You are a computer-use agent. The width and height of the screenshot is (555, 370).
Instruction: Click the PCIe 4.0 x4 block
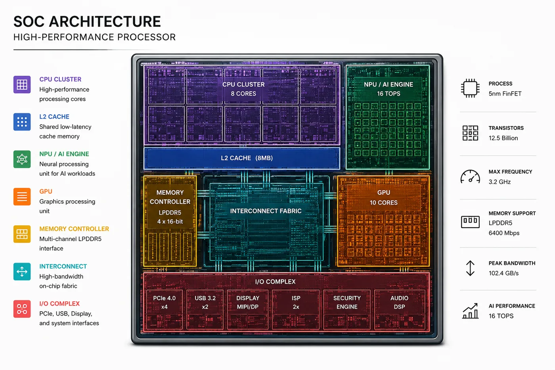164,309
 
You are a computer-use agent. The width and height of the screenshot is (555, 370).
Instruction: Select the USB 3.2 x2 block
205,309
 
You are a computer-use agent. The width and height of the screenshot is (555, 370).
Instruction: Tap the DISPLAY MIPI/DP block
248,309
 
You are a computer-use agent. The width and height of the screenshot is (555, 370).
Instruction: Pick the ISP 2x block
296,309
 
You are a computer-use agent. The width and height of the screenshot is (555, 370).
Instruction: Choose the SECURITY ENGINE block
347,309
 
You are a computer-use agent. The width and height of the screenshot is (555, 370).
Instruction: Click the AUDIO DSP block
400,309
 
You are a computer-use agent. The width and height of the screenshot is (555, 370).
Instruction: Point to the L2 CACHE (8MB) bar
242,158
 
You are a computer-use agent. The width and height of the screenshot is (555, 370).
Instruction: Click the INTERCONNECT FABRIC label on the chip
266,211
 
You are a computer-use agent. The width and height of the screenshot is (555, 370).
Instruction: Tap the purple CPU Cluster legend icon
22,84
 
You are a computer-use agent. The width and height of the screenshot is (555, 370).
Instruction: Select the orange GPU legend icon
22,197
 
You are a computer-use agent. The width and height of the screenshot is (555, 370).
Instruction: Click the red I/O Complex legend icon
22,309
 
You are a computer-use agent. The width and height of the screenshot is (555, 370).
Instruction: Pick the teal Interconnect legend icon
22,271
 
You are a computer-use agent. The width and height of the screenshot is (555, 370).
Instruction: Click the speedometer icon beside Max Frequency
470,176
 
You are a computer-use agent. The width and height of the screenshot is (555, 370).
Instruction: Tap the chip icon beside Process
470,88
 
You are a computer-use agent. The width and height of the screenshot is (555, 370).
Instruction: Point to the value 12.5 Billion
503,138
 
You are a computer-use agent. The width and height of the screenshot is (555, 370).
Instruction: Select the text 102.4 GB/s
503,273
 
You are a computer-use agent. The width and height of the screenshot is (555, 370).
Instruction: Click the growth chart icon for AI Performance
470,311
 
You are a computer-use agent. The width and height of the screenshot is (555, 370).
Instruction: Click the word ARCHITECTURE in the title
105,21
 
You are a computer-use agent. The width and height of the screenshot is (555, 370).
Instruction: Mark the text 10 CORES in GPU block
384,203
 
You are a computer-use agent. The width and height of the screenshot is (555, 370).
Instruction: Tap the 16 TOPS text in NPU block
388,94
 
